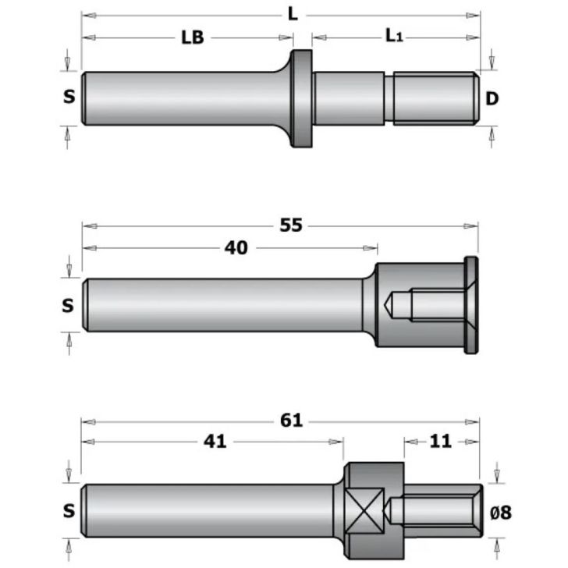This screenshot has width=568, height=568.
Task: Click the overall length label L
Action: tap(293, 13)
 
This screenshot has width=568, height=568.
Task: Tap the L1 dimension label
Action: tap(394, 36)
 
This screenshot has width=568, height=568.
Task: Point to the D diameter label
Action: tap(492, 98)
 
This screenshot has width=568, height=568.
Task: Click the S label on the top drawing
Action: tap(69, 97)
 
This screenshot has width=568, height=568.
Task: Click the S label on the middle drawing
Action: tap(69, 305)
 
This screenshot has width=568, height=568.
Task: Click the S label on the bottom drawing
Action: tap(69, 511)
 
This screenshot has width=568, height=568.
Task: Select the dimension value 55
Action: tap(291, 226)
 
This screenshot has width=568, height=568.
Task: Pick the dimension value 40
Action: tap(236, 248)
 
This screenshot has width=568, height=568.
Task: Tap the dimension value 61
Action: tap(291, 421)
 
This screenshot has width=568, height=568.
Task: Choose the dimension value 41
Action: tap(215, 442)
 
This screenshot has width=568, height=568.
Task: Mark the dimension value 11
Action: tap(441, 442)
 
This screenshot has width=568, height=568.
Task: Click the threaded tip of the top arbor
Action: tap(435, 98)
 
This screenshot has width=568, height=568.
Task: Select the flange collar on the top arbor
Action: tap(301, 98)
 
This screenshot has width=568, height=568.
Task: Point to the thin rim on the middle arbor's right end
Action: tap(471, 305)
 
